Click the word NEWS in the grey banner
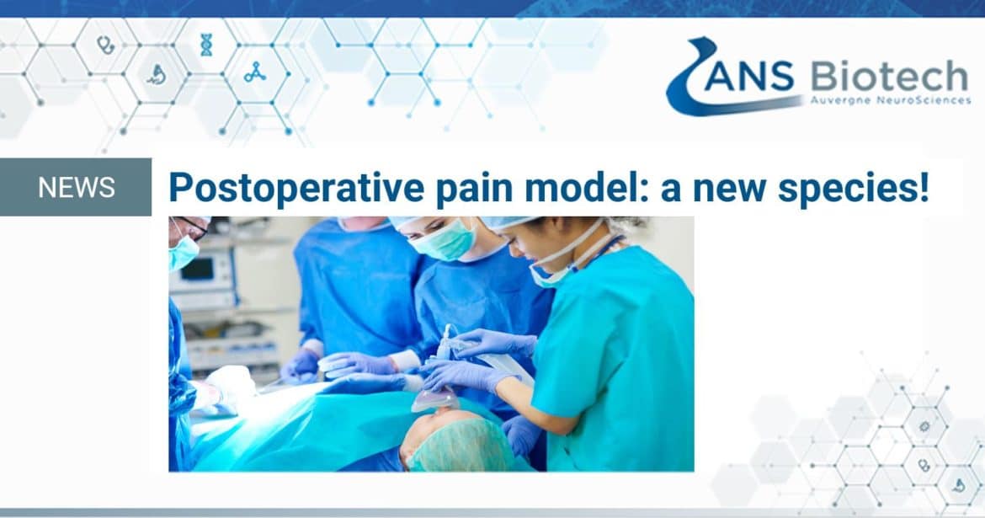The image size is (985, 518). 76,187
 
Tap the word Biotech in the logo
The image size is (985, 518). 889,76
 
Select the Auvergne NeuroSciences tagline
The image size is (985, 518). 890,100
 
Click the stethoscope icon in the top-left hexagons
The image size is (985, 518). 105,45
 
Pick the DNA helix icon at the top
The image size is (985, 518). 206,45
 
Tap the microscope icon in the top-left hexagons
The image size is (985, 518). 157,74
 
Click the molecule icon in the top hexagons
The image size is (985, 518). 255,73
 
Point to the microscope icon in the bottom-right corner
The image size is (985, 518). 959,485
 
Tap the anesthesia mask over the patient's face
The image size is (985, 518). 434,399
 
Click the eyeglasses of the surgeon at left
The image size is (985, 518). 192,228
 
